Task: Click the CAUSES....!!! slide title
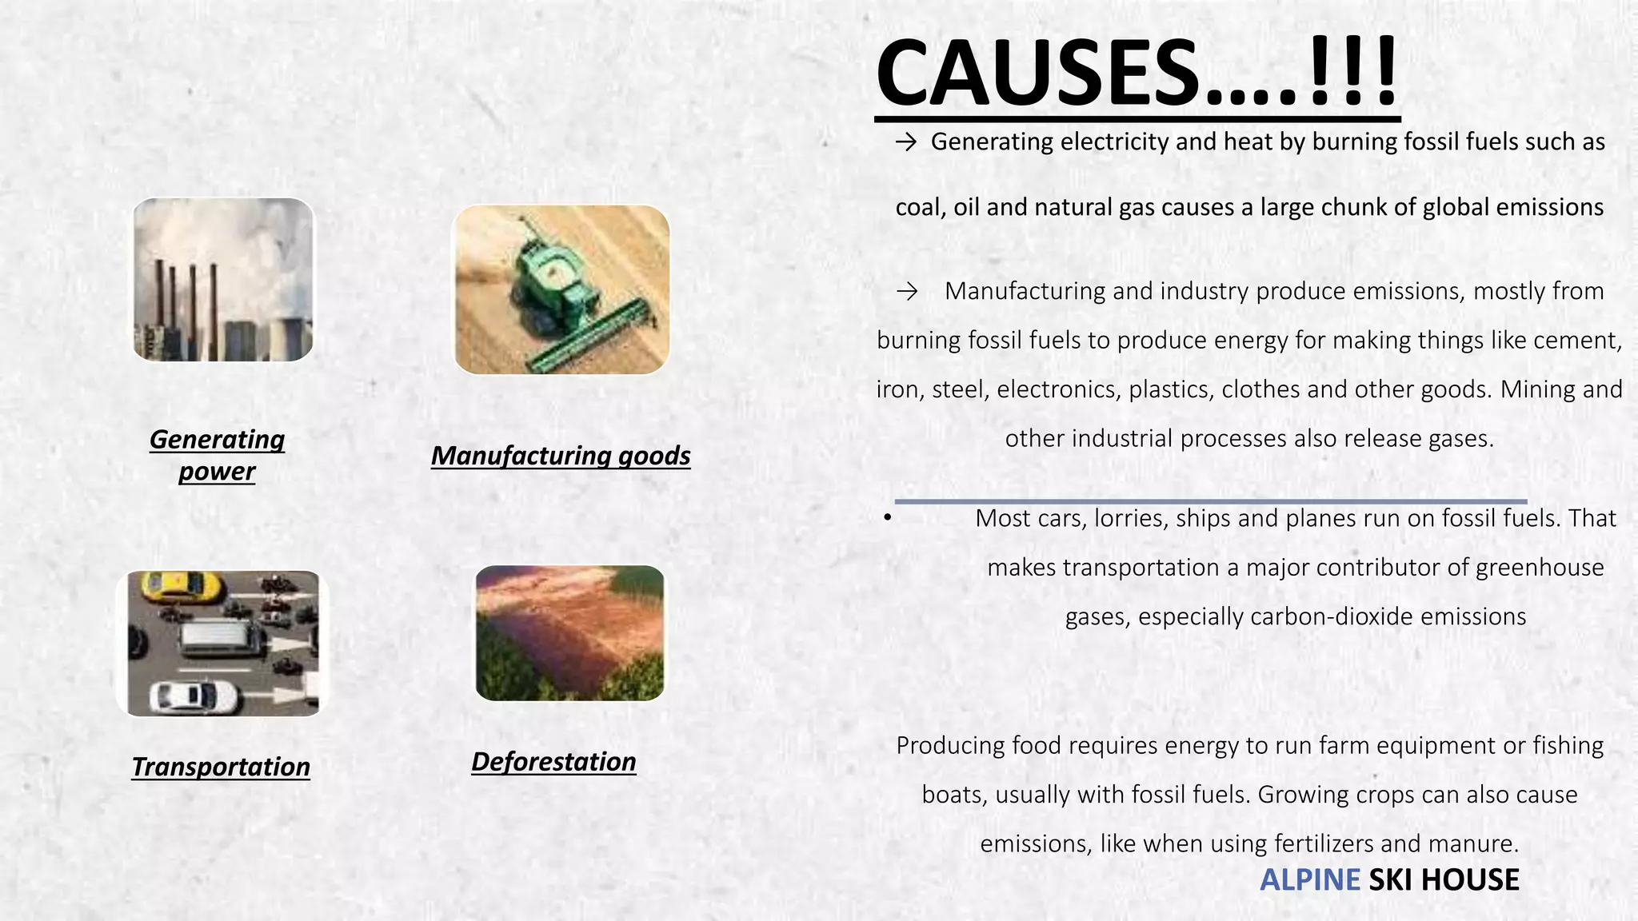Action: (1137, 74)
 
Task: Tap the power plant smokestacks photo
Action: (223, 280)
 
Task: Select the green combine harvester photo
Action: (561, 289)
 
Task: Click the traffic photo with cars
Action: (223, 644)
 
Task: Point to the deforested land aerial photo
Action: (569, 633)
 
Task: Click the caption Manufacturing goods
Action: (561, 456)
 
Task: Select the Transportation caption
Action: (221, 767)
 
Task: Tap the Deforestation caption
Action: (553, 762)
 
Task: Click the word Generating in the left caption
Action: (217, 440)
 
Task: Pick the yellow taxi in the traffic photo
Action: (181, 587)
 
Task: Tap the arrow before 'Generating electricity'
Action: (906, 142)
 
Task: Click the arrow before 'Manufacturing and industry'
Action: (907, 292)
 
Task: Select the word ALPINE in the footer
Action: (1309, 880)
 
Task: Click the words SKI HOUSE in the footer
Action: (1444, 880)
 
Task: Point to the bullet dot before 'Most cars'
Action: (888, 519)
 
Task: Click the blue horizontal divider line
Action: (1210, 501)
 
